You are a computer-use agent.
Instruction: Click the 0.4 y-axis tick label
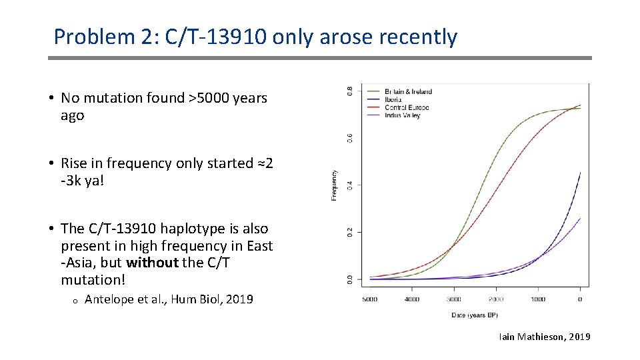[351, 184]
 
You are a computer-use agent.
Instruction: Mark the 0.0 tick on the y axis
[351, 279]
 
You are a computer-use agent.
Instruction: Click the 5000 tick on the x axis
[370, 299]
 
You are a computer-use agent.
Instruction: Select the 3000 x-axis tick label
[454, 299]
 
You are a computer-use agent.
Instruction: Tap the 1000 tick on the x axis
[538, 299]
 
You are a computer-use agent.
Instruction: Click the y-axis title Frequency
[334, 185]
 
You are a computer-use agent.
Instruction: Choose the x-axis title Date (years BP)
[475, 314]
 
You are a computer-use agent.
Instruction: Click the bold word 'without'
[152, 263]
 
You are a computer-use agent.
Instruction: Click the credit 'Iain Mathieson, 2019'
[544, 337]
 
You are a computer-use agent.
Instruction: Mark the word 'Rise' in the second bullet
[75, 163]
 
